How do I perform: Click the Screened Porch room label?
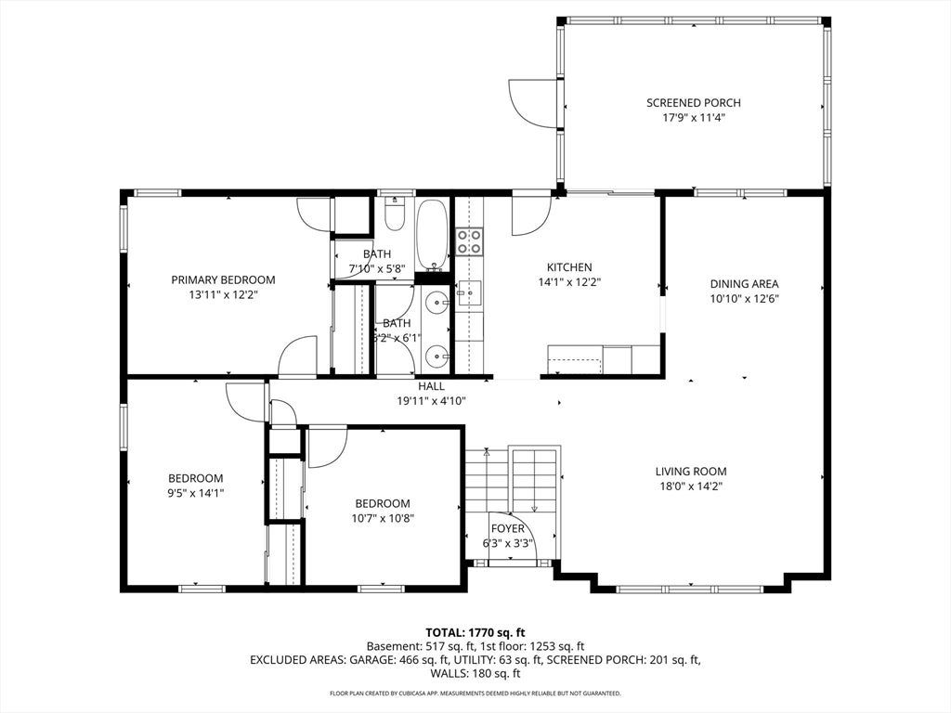693,103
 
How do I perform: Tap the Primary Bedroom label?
223,280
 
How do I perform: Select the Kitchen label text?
569,267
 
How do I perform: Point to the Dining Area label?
744,284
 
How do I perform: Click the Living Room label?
691,471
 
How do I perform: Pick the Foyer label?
508,528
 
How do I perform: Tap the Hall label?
431,386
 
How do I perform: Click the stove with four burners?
469,240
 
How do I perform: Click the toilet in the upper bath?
395,214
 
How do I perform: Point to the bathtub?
433,235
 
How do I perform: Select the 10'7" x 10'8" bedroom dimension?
383,518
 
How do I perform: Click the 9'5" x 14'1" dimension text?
196,493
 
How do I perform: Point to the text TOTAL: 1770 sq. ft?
475,633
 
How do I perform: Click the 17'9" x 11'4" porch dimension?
693,118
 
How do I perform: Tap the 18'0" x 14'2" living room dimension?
691,486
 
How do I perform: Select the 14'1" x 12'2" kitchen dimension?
569,282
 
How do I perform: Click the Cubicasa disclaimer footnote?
475,693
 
